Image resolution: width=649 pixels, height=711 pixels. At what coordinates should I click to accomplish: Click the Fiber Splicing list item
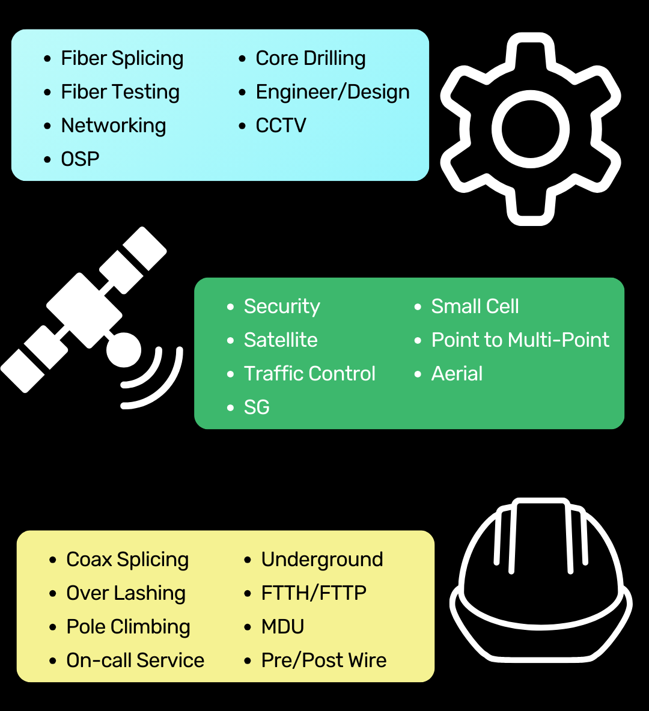122,59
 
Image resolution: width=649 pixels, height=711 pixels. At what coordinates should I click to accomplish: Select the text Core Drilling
310,58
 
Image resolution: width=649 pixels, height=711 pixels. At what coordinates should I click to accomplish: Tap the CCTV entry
281,126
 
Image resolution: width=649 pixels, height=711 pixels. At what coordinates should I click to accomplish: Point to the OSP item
80,159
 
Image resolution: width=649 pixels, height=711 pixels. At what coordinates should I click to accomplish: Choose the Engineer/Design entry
332,92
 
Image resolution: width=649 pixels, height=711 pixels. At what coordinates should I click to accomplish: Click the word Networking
113,126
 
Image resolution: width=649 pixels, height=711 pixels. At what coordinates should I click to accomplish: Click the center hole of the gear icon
530,129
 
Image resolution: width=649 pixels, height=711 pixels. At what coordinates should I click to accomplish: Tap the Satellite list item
280,340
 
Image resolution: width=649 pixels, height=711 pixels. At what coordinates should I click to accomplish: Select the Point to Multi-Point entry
520,340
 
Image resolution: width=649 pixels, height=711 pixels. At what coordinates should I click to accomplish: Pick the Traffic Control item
309,374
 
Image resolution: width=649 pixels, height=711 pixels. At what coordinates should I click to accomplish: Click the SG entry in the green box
257,407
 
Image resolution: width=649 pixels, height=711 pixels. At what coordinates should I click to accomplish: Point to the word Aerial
457,374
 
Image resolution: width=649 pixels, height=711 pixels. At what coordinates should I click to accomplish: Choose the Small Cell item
475,307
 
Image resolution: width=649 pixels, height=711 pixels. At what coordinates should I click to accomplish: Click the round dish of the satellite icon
124,349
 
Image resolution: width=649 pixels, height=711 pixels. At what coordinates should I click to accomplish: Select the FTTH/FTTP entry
314,593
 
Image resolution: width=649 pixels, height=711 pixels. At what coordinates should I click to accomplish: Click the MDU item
282,627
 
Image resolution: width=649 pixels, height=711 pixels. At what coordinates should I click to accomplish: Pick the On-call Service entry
135,661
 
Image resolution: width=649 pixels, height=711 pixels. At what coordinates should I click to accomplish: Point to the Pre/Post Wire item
323,661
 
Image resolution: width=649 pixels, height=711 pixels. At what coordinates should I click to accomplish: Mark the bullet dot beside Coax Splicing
53,560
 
